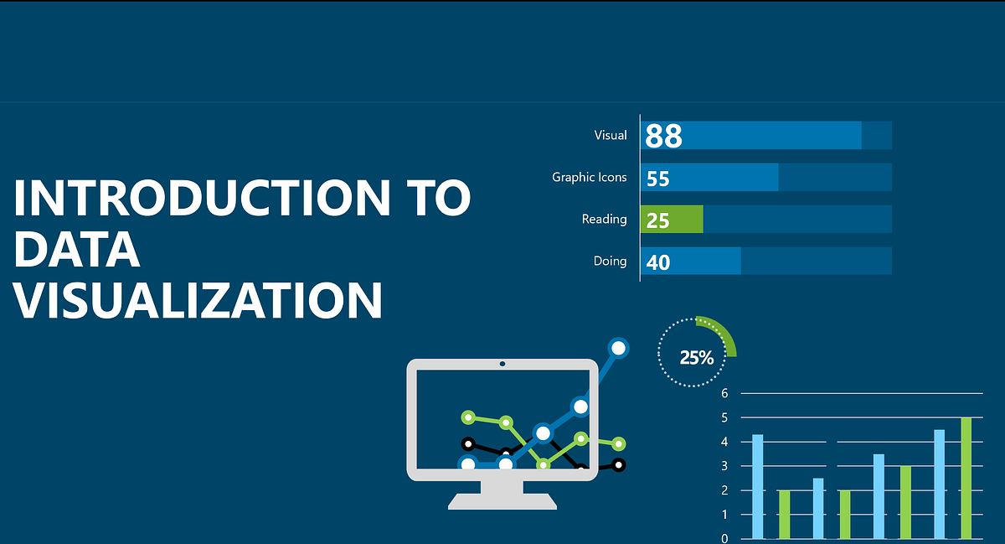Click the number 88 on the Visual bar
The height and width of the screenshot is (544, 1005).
point(664,136)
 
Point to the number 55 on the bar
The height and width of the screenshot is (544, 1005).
point(658,178)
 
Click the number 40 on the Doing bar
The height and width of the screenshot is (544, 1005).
point(658,262)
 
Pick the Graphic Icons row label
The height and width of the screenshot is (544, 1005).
point(589,177)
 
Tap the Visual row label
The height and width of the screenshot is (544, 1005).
point(610,135)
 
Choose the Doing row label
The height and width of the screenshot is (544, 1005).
point(610,261)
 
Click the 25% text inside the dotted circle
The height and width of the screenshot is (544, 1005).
point(696,358)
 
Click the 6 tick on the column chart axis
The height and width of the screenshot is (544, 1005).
point(724,393)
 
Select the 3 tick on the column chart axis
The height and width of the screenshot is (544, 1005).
point(724,466)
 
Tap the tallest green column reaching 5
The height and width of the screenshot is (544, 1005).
point(966,478)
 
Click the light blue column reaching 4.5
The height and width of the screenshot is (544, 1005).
point(939,484)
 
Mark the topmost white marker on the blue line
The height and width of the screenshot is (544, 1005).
point(618,347)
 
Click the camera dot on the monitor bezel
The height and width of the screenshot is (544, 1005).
point(502,365)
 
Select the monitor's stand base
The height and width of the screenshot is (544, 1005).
point(502,500)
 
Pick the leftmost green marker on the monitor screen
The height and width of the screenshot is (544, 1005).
point(468,417)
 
